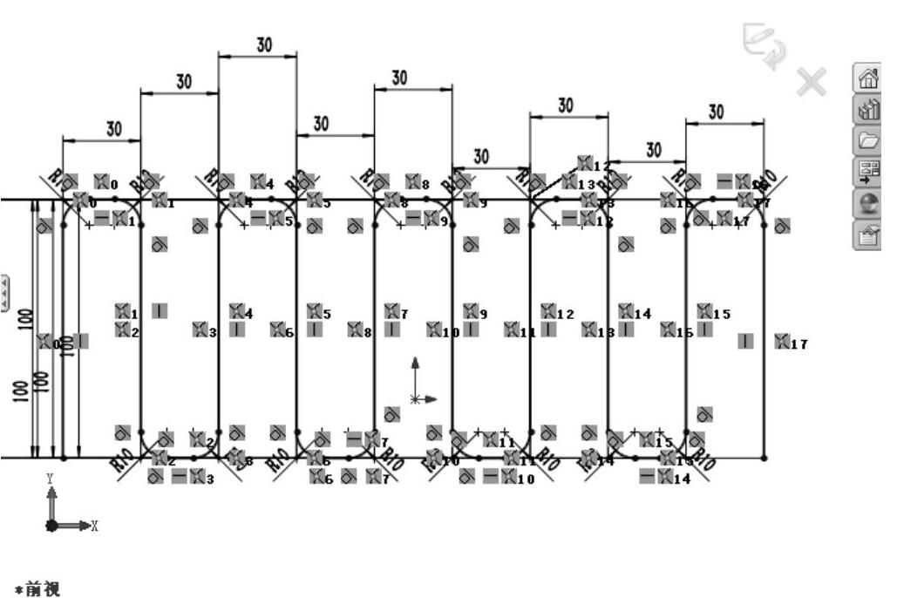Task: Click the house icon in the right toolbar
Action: [869, 79]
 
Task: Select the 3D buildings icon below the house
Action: [869, 110]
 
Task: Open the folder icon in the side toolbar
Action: [869, 139]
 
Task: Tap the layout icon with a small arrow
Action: [869, 170]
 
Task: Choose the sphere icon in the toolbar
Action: [869, 200]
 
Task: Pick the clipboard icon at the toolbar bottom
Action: [869, 231]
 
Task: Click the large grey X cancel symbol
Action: [811, 81]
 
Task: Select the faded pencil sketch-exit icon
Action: [758, 44]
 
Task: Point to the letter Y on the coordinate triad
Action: [51, 479]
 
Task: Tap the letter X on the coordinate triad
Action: [94, 526]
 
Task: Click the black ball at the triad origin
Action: [52, 526]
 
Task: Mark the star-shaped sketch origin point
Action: [415, 399]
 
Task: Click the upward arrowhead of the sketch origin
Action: [415, 361]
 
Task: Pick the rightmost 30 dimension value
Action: [716, 112]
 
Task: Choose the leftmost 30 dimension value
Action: [114, 128]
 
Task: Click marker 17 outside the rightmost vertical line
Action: [788, 343]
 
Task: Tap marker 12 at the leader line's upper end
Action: [593, 164]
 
